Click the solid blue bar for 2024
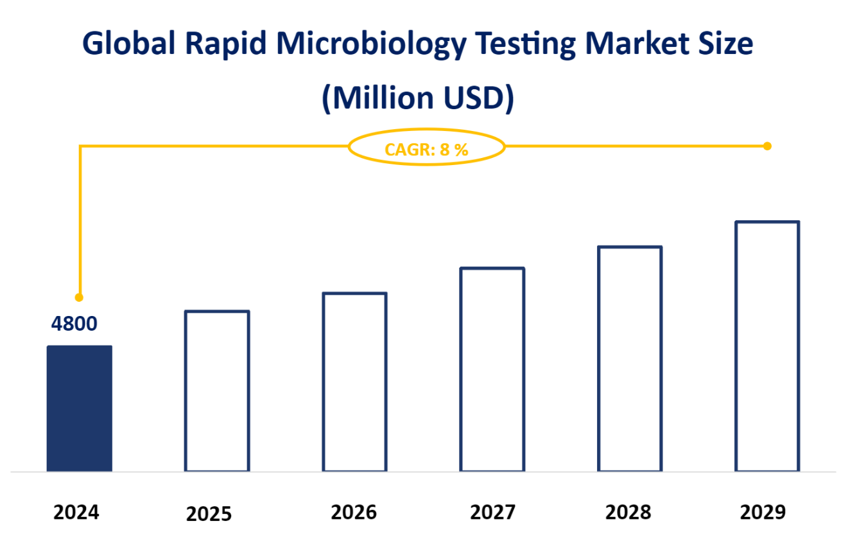[x=80, y=408]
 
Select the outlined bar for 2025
[x=217, y=391]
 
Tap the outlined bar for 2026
[x=354, y=382]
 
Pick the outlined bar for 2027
[x=492, y=369]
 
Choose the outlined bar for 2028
[x=630, y=359]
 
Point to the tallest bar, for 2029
[x=767, y=347]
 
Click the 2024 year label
[x=76, y=513]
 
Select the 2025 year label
[x=209, y=514]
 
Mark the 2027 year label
[x=492, y=513]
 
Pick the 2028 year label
[x=628, y=513]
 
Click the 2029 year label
[x=763, y=513]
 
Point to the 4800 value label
[x=74, y=324]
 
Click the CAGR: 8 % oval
[x=427, y=148]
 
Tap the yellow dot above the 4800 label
[x=79, y=297]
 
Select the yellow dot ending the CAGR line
[x=767, y=146]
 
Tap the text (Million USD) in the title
[x=418, y=98]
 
